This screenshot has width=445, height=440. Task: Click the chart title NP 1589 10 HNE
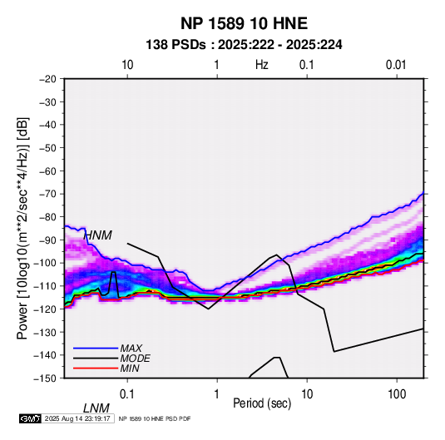(244, 23)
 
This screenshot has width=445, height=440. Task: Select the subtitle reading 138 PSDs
(176, 45)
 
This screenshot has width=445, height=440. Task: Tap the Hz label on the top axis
(262, 65)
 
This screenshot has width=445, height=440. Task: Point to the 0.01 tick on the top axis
(396, 65)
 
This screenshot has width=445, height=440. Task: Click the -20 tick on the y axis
(47, 79)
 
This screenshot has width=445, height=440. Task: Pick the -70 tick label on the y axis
(47, 194)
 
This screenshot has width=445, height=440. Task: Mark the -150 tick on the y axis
(45, 378)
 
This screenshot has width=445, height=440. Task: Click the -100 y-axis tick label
(45, 263)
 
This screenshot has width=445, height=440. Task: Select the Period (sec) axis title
(262, 403)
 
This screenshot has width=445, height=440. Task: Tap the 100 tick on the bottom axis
(397, 394)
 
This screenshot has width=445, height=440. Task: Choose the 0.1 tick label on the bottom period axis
(127, 394)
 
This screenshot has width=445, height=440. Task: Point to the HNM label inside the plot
(98, 235)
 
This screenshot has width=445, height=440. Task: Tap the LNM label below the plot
(96, 408)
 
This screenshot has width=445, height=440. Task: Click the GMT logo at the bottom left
(31, 418)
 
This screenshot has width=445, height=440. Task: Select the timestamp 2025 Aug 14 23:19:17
(77, 418)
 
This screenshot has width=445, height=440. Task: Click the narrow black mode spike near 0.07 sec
(113, 284)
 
